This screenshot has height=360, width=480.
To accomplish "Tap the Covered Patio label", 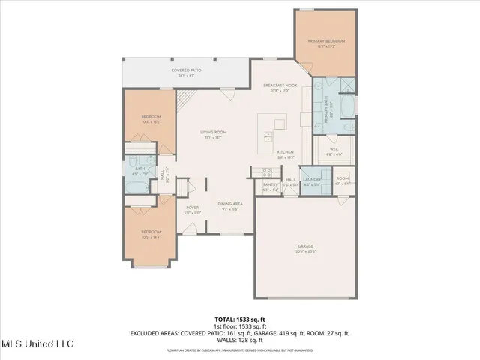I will (x=186, y=70).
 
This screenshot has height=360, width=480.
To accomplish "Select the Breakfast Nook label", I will (x=280, y=86).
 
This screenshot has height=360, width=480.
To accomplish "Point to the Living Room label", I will (x=214, y=133).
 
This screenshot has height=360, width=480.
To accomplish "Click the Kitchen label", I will (x=285, y=152).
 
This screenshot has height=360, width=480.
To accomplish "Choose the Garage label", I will (x=305, y=246).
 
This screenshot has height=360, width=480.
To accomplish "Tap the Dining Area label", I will (x=229, y=204).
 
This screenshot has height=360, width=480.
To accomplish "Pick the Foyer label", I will (x=193, y=208).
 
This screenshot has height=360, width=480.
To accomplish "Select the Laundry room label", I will (x=312, y=180).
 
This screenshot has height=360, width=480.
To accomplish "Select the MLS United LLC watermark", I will (x=37, y=344).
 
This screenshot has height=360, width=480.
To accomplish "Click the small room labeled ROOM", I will (x=342, y=180).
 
